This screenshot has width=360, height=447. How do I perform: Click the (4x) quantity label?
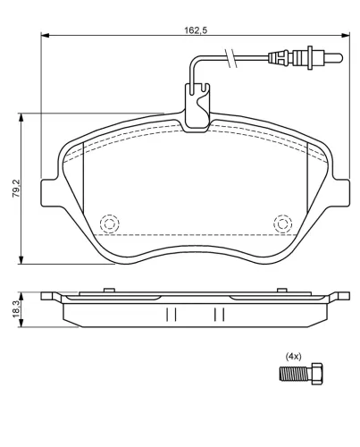pyautogui.click(x=292, y=356)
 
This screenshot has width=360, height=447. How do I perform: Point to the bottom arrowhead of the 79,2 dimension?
pyautogui.click(x=19, y=265)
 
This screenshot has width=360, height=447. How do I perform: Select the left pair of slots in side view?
pyautogui.click(x=172, y=314)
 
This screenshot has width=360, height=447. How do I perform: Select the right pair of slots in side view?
pyautogui.click(x=218, y=314)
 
